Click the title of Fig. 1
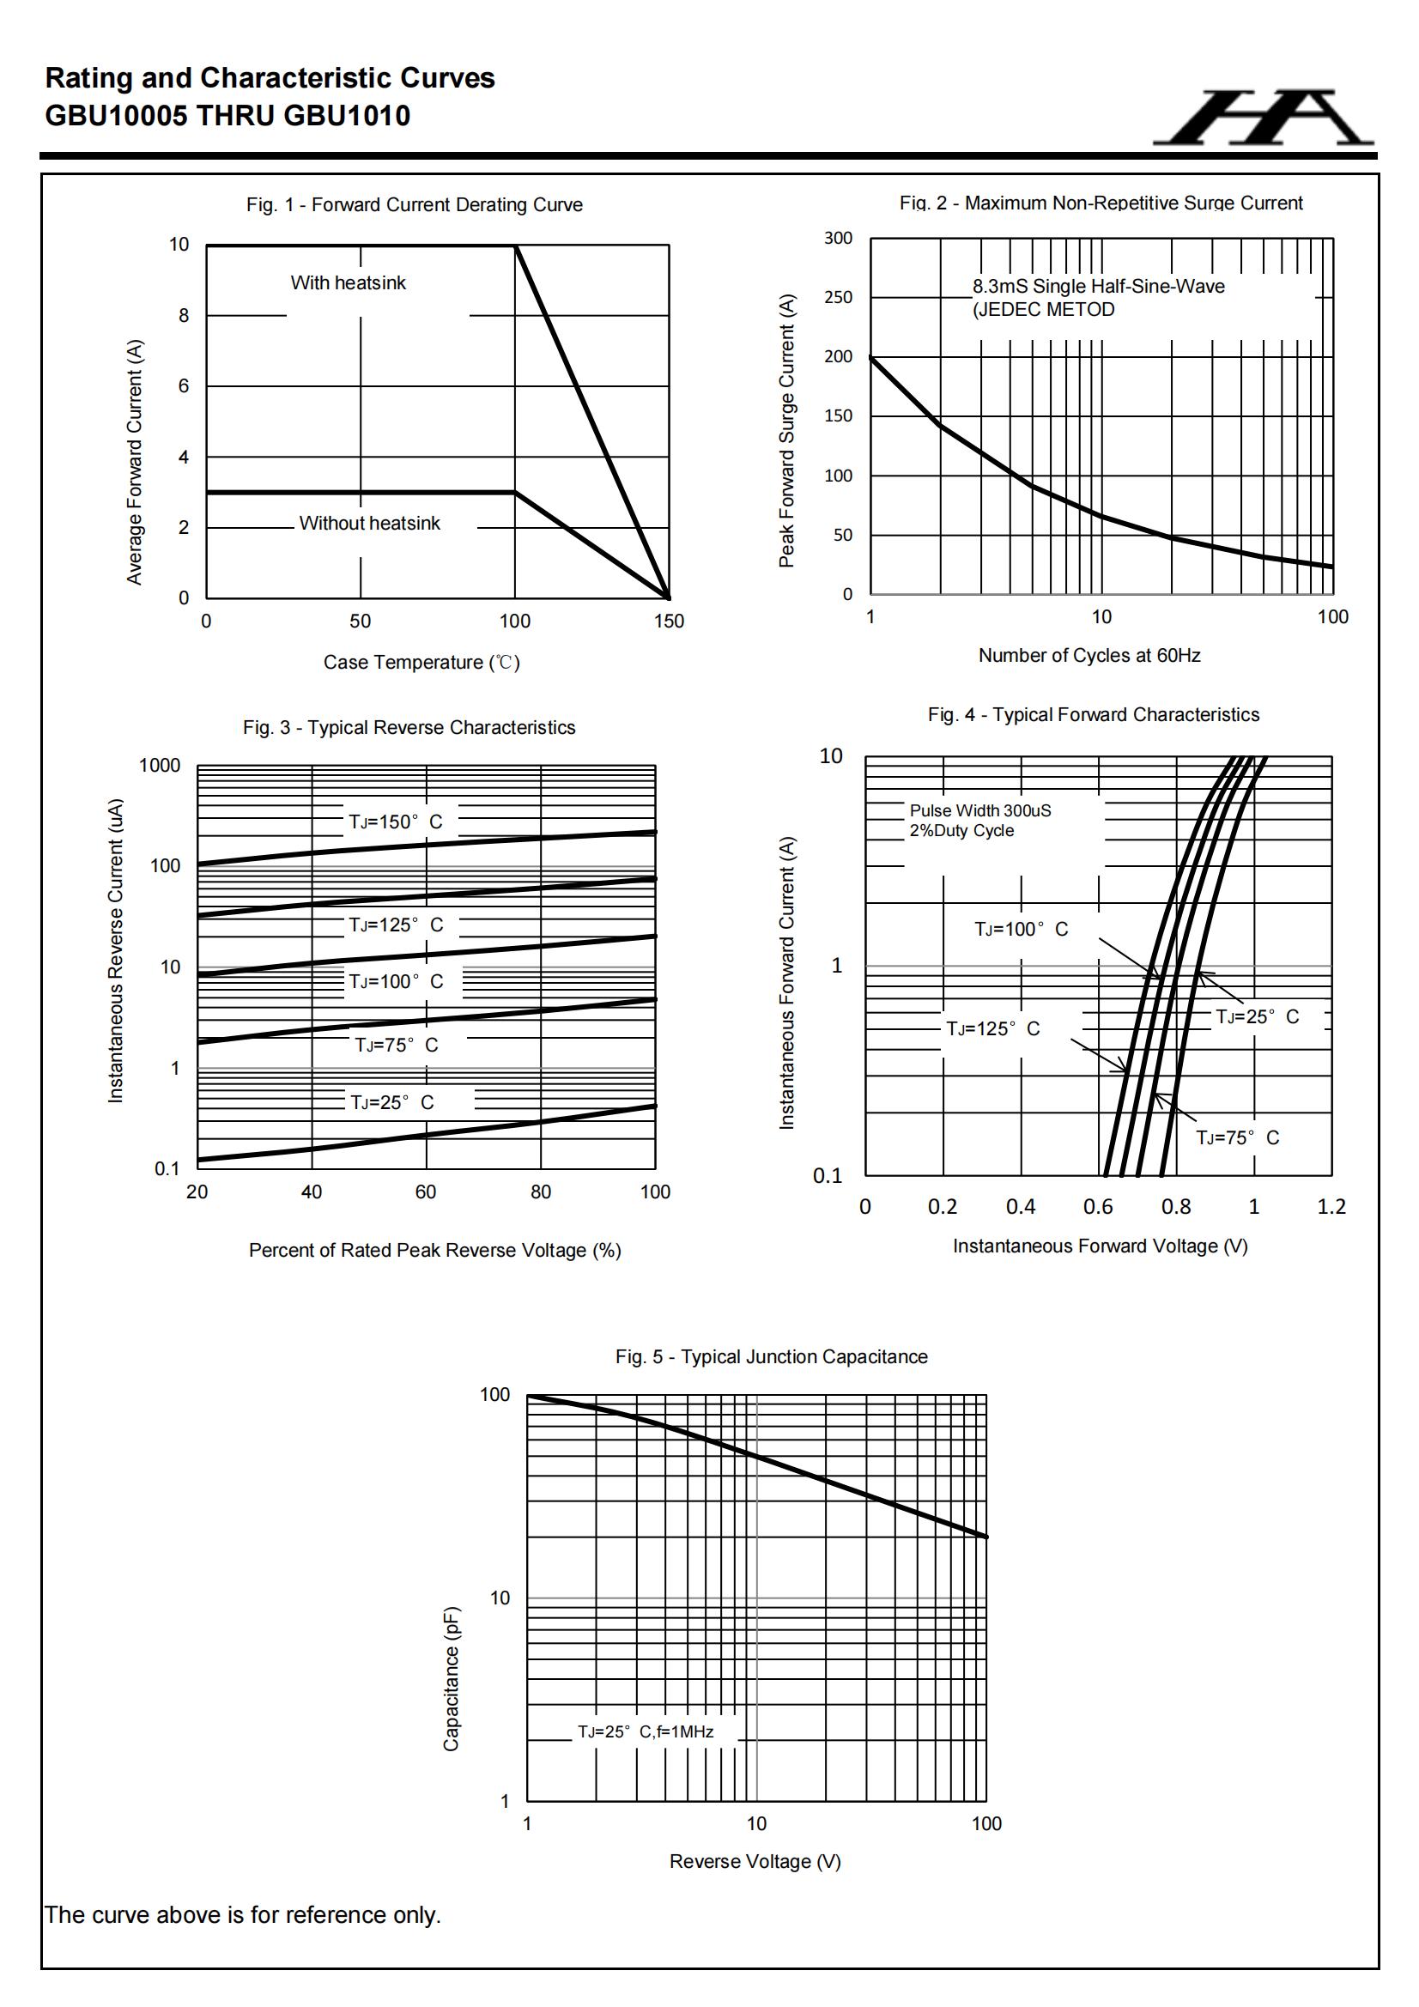pyautogui.click(x=415, y=204)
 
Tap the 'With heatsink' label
pyautogui.click(x=348, y=283)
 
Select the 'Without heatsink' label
pyautogui.click(x=369, y=524)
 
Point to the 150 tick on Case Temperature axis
pyautogui.click(x=669, y=622)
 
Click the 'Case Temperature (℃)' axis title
pyautogui.click(x=421, y=663)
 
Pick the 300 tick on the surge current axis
pyautogui.click(x=838, y=239)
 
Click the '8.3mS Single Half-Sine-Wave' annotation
pyautogui.click(x=1098, y=287)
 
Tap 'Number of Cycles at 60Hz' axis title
pyautogui.click(x=1089, y=656)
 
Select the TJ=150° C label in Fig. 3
pyautogui.click(x=395, y=822)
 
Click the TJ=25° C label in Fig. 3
pyautogui.click(x=391, y=1103)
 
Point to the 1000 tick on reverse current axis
pyautogui.click(x=159, y=766)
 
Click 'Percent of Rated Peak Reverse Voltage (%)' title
pyautogui.click(x=434, y=1251)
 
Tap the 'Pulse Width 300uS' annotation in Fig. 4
pyautogui.click(x=980, y=811)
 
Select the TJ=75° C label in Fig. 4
pyautogui.click(x=1237, y=1138)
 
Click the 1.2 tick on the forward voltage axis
pyautogui.click(x=1331, y=1207)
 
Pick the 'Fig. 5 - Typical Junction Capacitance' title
pyautogui.click(x=771, y=1356)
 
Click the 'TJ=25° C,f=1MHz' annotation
pyautogui.click(x=646, y=1731)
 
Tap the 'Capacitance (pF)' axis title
pyautogui.click(x=452, y=1677)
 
